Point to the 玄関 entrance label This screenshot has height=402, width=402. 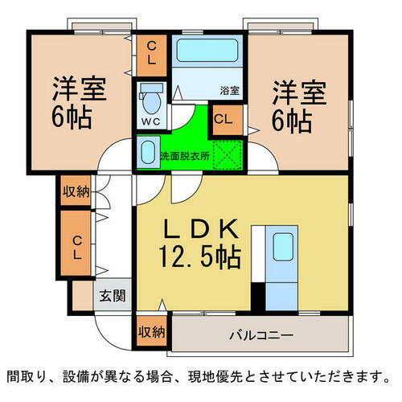(x=113, y=296)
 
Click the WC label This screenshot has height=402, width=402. (x=150, y=121)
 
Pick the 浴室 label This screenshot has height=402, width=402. (x=231, y=91)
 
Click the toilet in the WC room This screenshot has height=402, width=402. (x=150, y=101)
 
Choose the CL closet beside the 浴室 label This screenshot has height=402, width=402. (x=224, y=121)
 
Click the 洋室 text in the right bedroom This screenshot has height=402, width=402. (x=298, y=91)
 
